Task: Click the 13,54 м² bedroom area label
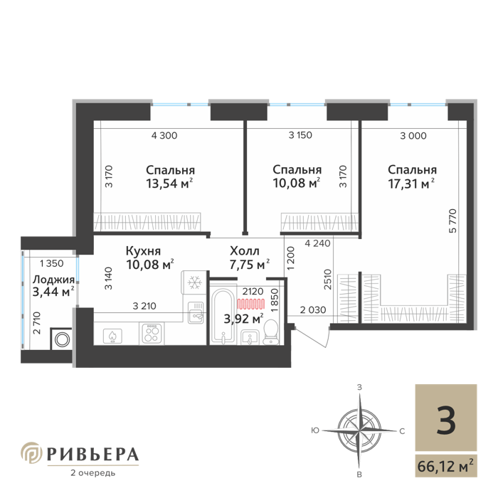pos(169,184)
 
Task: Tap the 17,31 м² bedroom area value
pos(411,184)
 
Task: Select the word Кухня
pos(143,251)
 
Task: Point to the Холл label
pos(245,250)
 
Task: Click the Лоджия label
pos(53,280)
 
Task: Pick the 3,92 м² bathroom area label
pos(243,318)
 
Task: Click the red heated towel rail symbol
pos(251,304)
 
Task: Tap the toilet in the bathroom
pos(270,332)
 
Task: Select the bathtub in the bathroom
pos(223,317)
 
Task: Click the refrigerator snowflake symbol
pos(194,282)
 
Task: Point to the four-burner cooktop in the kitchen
pos(152,333)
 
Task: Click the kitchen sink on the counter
pos(196,312)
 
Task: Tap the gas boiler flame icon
pos(112,336)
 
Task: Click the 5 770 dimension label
pos(453,221)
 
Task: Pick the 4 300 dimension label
pos(164,136)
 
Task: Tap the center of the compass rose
pos(359,430)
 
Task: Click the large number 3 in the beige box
pos(445,420)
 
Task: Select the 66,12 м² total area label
pos(445,466)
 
